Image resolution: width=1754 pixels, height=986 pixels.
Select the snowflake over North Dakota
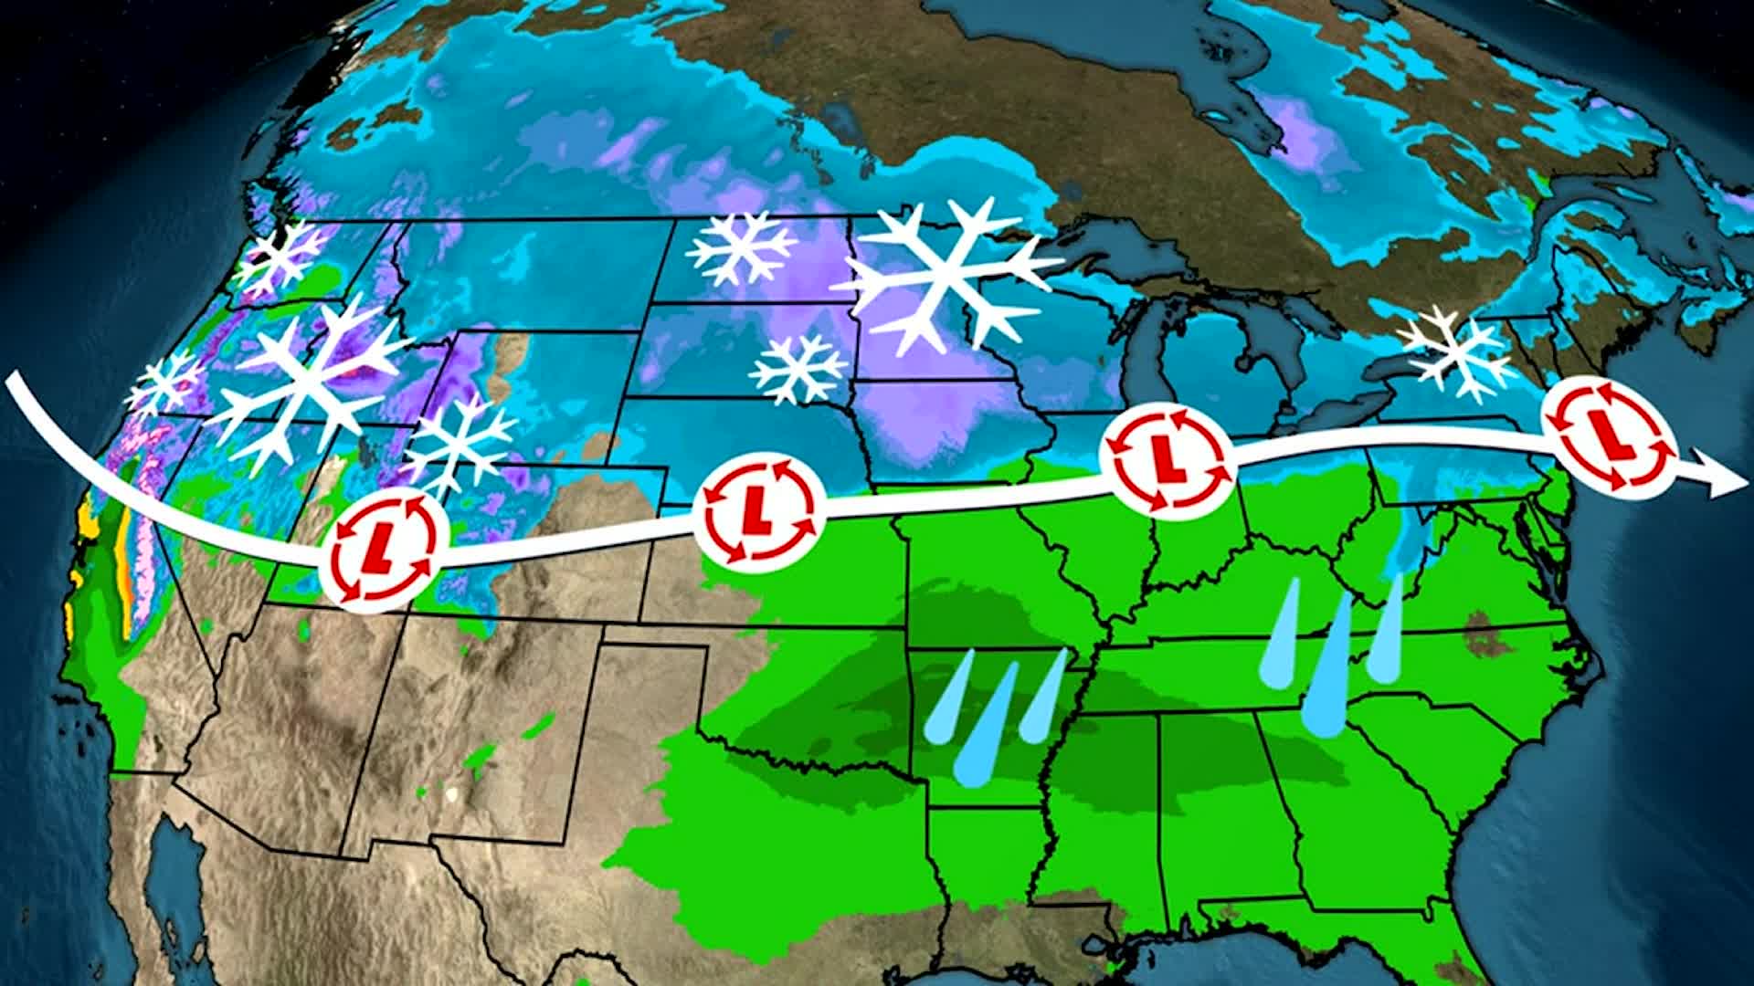tap(740, 246)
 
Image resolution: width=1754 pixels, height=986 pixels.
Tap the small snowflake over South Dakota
tap(798, 367)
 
